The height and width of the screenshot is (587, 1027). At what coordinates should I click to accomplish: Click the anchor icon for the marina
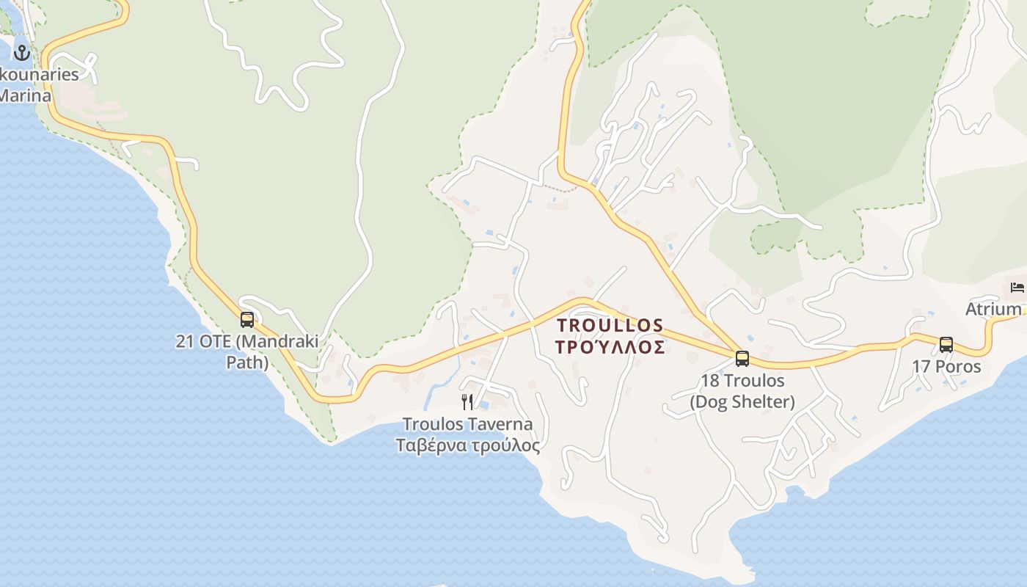click(21, 52)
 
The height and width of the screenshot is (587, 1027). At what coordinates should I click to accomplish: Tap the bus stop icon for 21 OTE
click(247, 320)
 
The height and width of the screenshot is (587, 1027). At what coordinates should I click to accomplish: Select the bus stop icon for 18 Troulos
click(742, 359)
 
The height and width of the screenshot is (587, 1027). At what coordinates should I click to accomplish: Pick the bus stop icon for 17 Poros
click(946, 344)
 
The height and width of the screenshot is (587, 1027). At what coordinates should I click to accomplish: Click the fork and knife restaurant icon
click(467, 401)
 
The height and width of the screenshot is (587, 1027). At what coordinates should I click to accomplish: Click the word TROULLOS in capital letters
click(610, 325)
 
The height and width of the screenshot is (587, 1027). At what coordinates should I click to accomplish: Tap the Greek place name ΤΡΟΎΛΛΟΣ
click(610, 347)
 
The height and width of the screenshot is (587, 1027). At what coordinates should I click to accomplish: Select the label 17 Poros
click(946, 366)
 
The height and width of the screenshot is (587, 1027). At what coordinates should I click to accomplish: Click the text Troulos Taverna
click(467, 424)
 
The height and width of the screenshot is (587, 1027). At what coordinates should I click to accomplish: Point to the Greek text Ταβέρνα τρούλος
click(467, 445)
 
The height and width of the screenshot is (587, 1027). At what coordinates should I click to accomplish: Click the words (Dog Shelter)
click(742, 401)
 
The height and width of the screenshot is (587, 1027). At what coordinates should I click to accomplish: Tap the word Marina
click(25, 95)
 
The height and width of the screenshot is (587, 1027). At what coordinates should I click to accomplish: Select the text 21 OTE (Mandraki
click(247, 341)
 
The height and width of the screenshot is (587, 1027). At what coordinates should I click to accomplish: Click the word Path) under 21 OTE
click(247, 362)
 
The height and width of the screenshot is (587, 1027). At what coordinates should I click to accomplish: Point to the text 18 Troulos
click(742, 381)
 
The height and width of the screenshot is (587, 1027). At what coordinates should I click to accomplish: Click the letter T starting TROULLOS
click(563, 325)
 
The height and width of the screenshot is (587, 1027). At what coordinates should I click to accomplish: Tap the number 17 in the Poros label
click(921, 366)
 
